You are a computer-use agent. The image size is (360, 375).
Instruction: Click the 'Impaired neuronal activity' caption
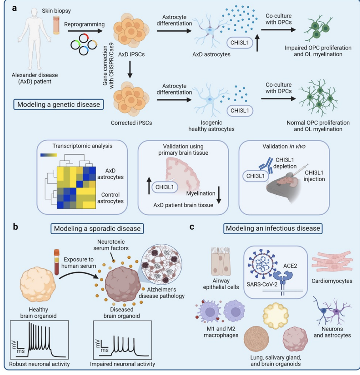[122, 364]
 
